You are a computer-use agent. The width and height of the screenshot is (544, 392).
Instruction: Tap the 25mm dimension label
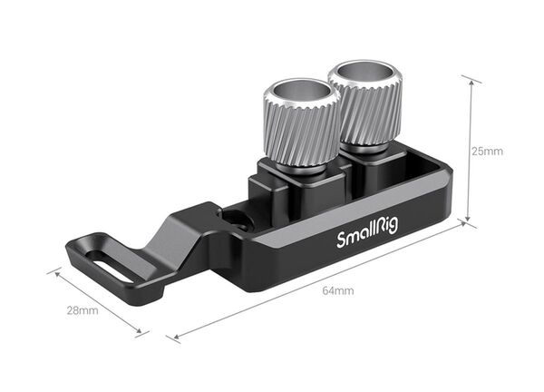487,151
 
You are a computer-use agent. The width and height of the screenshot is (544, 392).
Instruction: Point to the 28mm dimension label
82,311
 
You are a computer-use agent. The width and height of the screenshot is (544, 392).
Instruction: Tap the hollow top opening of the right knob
362,71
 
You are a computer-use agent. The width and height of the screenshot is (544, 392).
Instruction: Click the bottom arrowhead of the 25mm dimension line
469,220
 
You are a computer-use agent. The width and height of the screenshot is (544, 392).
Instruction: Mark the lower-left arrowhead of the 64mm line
175,338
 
